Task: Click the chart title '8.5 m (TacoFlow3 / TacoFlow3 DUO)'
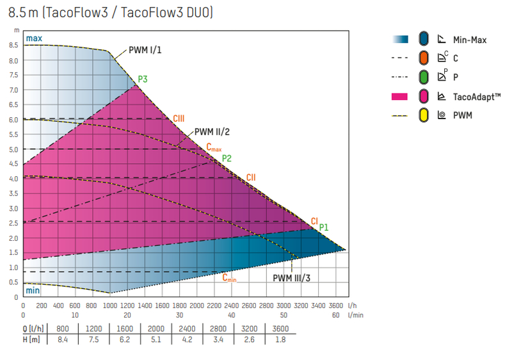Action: pos(111,12)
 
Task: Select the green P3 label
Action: pos(143,79)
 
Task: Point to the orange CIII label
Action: pos(179,119)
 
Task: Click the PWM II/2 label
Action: pos(212,131)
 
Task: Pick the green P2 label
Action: pos(227,158)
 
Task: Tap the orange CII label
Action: pos(252,177)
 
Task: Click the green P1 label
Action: pos(324,227)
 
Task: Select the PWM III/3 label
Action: pos(291,278)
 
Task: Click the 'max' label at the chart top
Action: pos(33,38)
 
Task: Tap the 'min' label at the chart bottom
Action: pos(33,291)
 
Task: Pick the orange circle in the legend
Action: pos(423,58)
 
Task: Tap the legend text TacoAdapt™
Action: pos(476,97)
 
